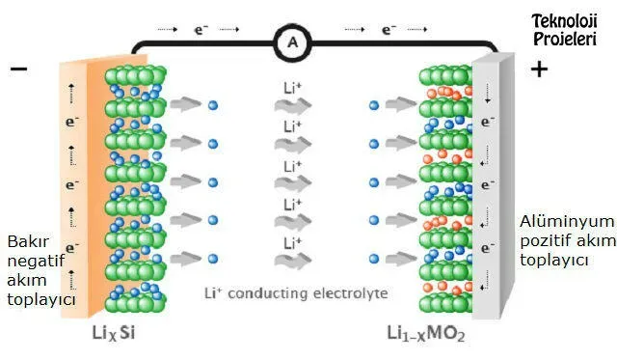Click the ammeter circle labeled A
[x=292, y=42]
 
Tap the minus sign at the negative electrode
[x=19, y=69]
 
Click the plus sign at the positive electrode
[x=539, y=69]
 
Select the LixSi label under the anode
[x=114, y=333]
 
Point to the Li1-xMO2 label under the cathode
[x=426, y=334]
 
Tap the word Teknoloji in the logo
[x=565, y=22]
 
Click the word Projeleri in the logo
[x=565, y=39]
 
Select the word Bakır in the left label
[x=28, y=241]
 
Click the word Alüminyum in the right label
[x=567, y=221]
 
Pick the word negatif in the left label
[x=36, y=261]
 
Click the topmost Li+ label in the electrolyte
[x=292, y=88]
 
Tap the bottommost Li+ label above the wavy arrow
[x=292, y=243]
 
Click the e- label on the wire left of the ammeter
[x=201, y=30]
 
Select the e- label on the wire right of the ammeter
[x=389, y=30]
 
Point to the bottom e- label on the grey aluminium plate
[x=488, y=248]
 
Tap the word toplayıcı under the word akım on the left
[x=41, y=300]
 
